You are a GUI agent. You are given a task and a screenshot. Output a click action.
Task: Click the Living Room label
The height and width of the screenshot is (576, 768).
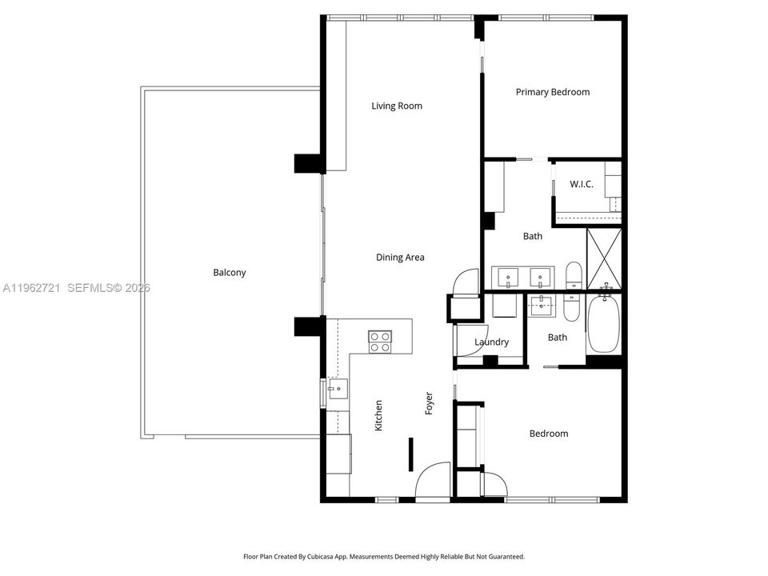pos(397,106)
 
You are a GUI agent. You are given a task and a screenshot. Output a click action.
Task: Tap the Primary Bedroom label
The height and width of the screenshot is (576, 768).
pos(553,92)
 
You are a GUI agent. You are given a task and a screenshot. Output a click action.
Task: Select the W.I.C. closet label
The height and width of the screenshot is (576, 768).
pos(582,184)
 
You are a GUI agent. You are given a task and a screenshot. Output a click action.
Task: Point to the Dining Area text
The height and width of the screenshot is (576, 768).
pos(400,257)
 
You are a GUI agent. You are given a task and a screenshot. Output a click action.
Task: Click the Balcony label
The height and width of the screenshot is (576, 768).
pos(230,273)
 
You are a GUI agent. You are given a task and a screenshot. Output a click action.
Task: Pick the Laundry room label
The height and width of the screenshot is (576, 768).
pos(491,342)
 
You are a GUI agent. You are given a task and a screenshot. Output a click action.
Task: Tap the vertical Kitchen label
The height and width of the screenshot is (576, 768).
pos(378,416)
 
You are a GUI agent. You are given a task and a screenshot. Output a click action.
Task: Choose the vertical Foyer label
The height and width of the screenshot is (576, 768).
pos(429,403)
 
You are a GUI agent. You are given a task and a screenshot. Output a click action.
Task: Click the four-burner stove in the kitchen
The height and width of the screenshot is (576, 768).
pos(380,342)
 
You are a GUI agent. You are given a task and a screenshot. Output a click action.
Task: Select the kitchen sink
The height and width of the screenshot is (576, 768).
pos(338,389)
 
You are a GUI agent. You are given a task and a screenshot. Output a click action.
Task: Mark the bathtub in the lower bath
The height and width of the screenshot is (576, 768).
pos(603,323)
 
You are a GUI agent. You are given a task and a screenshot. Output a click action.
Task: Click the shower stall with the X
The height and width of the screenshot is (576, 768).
pos(604,258)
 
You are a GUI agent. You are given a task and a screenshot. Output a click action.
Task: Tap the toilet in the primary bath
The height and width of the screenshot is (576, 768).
pos(573,275)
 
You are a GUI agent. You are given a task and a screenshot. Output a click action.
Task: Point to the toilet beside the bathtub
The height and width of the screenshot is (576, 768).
pos(570,306)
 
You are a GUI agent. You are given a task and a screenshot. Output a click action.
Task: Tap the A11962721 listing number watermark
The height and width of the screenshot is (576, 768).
pos(31,288)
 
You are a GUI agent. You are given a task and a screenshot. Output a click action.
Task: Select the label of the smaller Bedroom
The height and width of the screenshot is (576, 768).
pos(549,434)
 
